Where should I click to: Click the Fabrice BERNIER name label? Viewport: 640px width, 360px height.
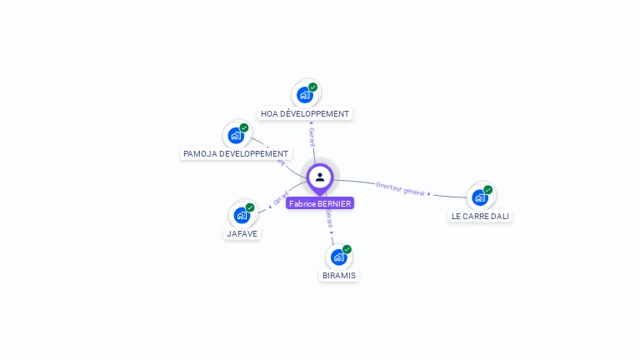[320, 203]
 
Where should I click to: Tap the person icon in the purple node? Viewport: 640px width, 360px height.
[320, 177]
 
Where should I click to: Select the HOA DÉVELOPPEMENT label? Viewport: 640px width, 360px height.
[305, 113]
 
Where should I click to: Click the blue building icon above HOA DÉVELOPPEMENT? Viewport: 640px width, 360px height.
[305, 95]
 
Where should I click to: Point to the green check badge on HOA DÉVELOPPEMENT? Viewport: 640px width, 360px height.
[313, 87]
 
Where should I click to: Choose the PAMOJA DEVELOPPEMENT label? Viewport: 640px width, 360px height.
[236, 154]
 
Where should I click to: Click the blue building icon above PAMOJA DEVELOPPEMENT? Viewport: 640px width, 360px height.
[236, 136]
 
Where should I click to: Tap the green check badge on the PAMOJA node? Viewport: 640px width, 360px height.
[244, 127]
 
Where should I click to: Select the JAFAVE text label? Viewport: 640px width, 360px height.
[242, 234]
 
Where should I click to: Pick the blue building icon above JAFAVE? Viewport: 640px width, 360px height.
[242, 216]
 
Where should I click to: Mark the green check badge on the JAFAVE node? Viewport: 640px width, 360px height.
[250, 207]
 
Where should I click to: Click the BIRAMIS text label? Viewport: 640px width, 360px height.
[339, 276]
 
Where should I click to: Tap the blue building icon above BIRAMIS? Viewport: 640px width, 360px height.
[338, 257]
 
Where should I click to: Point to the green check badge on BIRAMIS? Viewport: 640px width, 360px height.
[347, 249]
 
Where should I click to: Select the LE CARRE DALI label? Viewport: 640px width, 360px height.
[480, 217]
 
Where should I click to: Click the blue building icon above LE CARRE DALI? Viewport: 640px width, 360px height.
[480, 197]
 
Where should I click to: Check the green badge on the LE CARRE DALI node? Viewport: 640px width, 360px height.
[488, 190]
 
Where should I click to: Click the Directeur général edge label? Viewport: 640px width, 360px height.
[402, 189]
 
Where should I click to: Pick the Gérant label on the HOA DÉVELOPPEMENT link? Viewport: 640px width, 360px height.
[312, 137]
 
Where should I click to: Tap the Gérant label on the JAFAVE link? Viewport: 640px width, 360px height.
[281, 198]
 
